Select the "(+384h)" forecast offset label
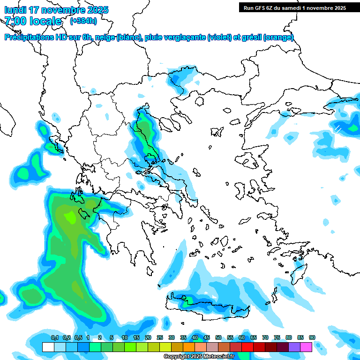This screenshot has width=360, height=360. tap(83, 21)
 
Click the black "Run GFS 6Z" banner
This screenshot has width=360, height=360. tap(294, 7)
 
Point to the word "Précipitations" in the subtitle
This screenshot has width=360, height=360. tap(28, 37)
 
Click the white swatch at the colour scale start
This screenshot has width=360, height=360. tap(48, 347)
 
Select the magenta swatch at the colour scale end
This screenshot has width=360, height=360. tap(306, 347)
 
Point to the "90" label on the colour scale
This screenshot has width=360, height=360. tap(312, 337)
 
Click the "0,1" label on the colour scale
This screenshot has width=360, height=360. tap(55, 337)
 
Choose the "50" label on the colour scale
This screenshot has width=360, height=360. tap(218, 337)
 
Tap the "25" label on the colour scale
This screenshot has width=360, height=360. tap(160, 337)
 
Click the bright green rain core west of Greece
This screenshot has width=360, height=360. tap(70, 217)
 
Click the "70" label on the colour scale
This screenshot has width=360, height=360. tap(265, 337)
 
